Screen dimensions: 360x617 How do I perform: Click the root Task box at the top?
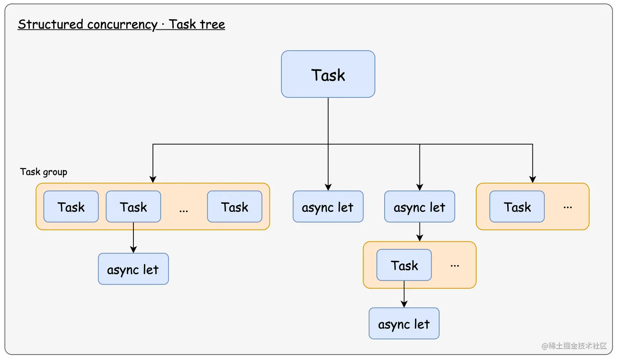coord(328,74)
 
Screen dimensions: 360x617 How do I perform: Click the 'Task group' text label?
coord(44,172)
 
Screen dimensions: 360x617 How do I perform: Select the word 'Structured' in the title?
coord(51,24)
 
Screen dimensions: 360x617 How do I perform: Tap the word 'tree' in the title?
coord(212,24)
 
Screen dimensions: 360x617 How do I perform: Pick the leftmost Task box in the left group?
coord(71,207)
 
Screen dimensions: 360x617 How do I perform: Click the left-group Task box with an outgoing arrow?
coord(133,207)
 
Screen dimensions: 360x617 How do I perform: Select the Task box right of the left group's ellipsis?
coord(235,207)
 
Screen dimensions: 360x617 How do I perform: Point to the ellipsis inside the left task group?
coord(184,210)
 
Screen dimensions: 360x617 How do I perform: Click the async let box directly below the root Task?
coord(328,207)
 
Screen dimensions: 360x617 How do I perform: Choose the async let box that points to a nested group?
coord(419,207)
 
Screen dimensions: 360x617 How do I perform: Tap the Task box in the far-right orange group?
coord(517,207)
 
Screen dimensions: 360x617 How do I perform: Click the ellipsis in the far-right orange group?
coord(568,207)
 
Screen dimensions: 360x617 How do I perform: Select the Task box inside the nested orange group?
coord(404,265)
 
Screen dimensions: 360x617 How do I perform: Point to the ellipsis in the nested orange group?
coord(455,266)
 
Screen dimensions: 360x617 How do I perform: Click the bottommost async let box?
coord(404,324)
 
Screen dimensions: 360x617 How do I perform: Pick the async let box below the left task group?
coord(133,269)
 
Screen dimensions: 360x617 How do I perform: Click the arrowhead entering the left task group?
coord(153,180)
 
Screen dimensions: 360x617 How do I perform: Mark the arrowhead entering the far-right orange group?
coord(533,180)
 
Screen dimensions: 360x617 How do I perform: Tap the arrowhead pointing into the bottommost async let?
coord(404,304)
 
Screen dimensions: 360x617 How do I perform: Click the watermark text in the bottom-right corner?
coord(574,346)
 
